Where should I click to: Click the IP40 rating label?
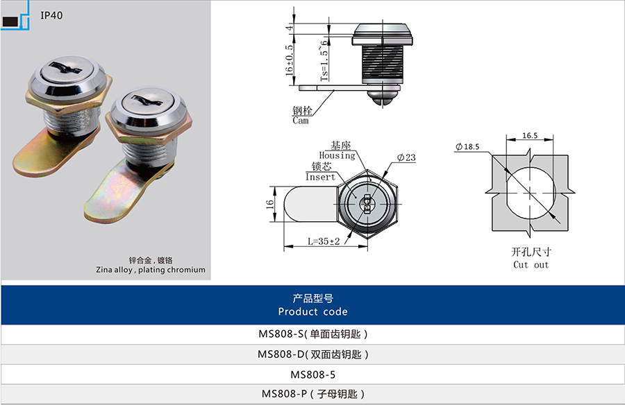pyautogui.click(x=51, y=15)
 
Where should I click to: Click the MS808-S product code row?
pyautogui.click(x=313, y=334)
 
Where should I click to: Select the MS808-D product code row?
pyautogui.click(x=313, y=354)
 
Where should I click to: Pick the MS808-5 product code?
pyautogui.click(x=313, y=374)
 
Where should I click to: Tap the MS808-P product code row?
pyautogui.click(x=313, y=394)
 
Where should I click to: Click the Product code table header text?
pyautogui.click(x=313, y=305)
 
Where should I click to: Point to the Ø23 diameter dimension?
pyautogui.click(x=406, y=157)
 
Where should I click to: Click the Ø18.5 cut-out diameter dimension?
pyautogui.click(x=467, y=146)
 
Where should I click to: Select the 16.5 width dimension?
pyautogui.click(x=530, y=136)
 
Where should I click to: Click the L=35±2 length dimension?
pyautogui.click(x=324, y=241)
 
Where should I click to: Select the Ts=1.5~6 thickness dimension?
pyautogui.click(x=324, y=58)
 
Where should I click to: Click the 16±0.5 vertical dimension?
pyautogui.click(x=289, y=60)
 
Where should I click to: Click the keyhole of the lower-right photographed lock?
pyautogui.click(x=149, y=101)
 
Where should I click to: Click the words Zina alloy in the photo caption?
pyautogui.click(x=114, y=270)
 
